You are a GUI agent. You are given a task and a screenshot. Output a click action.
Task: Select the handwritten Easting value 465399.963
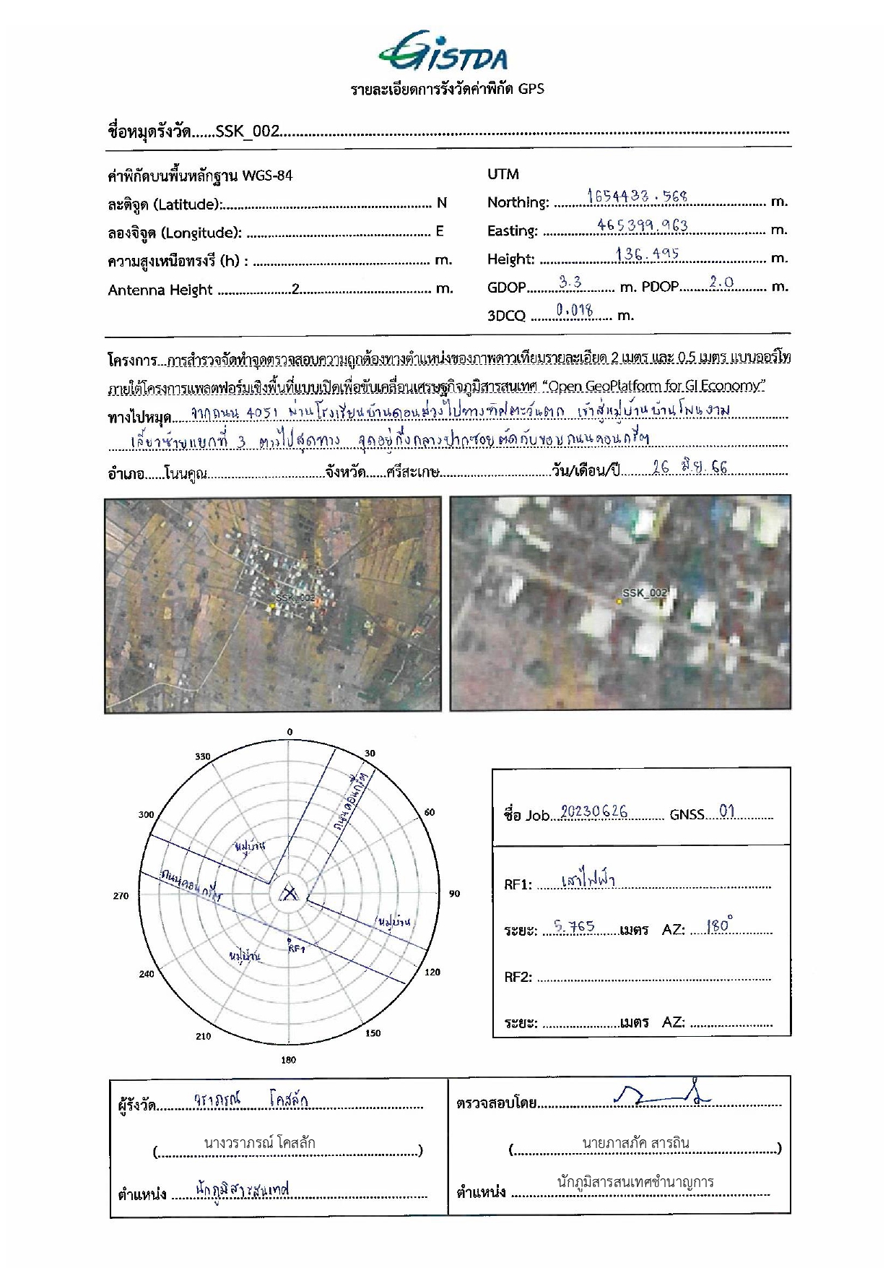[x=642, y=225]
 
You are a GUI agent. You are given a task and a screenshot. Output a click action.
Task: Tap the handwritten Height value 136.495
[x=647, y=254]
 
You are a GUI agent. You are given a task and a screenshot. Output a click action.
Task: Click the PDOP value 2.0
[x=721, y=283]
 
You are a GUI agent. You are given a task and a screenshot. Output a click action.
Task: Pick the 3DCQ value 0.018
[x=575, y=311]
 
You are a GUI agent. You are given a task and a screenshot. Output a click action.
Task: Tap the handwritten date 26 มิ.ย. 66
[x=690, y=467]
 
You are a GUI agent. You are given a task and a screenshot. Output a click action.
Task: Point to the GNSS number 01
[x=726, y=811]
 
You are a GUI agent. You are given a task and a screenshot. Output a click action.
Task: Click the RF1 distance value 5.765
[x=573, y=927]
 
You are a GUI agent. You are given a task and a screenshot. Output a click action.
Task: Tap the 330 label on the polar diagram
[x=202, y=756]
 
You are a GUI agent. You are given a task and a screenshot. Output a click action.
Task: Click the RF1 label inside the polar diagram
[x=297, y=949]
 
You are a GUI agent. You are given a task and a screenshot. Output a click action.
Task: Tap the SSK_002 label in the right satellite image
[x=645, y=593]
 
